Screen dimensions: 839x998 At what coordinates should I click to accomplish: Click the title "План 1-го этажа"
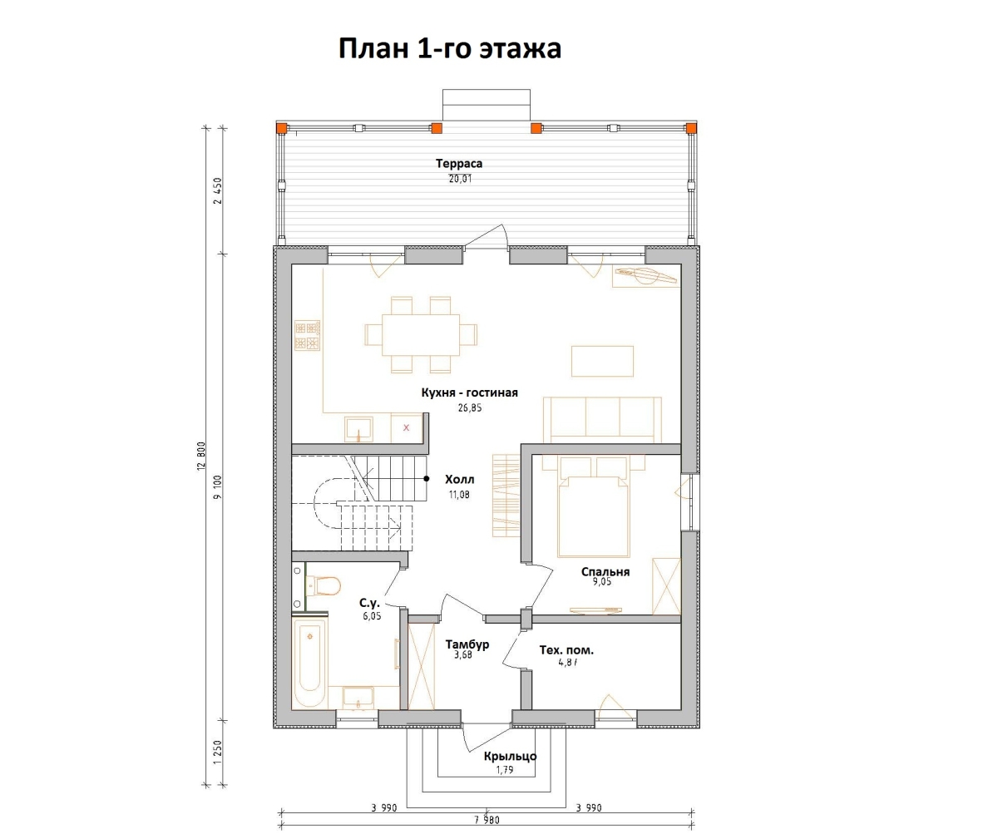(449, 48)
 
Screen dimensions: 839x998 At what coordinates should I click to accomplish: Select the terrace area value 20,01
(458, 178)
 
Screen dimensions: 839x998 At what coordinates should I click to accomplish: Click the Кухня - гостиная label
(470, 392)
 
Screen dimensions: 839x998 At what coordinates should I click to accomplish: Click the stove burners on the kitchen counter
(306, 335)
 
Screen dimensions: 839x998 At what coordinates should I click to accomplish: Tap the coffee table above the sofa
(602, 361)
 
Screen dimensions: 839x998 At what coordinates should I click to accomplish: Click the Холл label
(460, 480)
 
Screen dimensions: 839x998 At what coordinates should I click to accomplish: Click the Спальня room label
(605, 571)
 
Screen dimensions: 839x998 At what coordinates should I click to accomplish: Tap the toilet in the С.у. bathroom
(324, 587)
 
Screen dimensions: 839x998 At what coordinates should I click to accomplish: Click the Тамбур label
(467, 644)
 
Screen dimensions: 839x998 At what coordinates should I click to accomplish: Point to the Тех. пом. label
(566, 650)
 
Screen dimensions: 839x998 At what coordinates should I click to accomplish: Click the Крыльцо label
(510, 756)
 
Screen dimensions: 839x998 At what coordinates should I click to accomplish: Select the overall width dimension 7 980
(487, 820)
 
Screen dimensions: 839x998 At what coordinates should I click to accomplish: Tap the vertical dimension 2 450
(218, 190)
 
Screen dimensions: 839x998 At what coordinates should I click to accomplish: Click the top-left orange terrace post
(283, 128)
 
